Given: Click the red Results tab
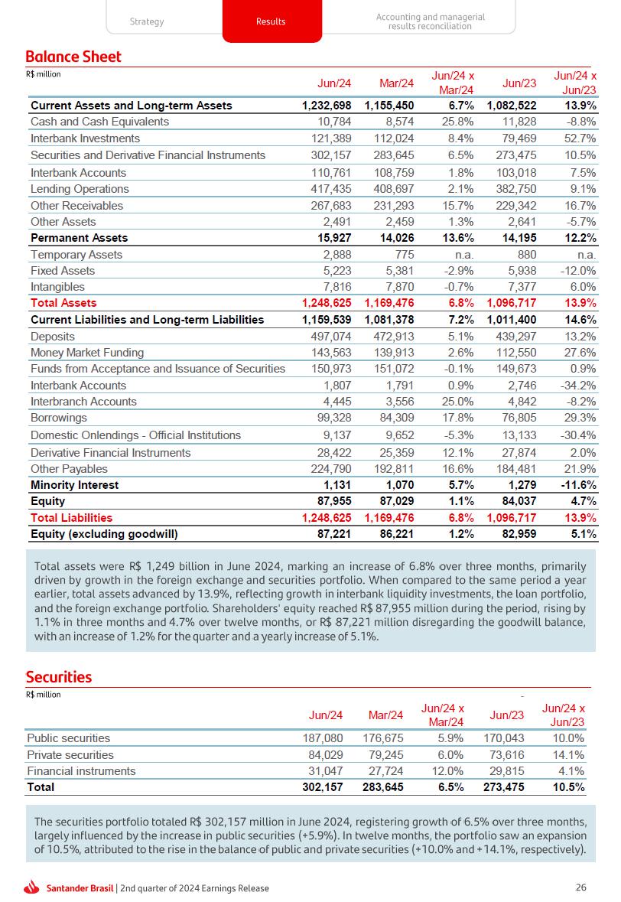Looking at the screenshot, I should [x=271, y=21].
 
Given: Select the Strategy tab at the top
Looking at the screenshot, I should [x=147, y=21].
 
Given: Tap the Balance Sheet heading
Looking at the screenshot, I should [x=73, y=57].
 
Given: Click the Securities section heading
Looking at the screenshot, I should [x=59, y=677].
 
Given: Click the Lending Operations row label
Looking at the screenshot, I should [x=80, y=189].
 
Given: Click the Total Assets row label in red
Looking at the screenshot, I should [x=63, y=304].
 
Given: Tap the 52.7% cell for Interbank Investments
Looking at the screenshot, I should [x=579, y=138].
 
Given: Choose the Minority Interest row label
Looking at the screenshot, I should [x=74, y=485].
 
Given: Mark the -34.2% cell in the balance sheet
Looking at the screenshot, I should [x=577, y=386].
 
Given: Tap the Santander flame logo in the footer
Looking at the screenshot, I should [x=31, y=887].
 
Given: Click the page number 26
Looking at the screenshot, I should [x=580, y=887].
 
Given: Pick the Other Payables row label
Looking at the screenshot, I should [x=69, y=469].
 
